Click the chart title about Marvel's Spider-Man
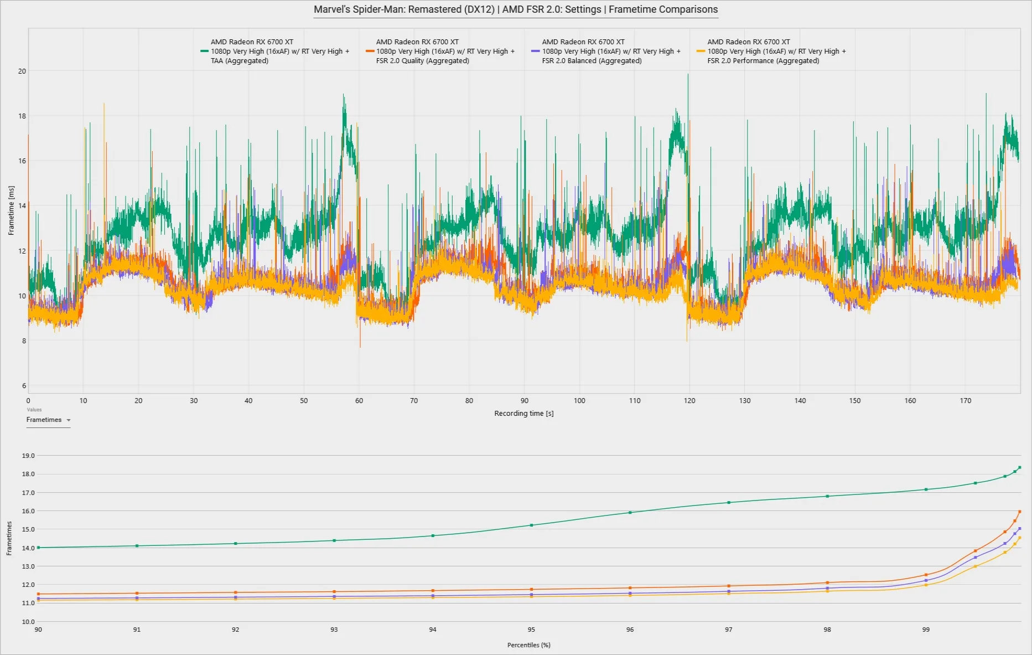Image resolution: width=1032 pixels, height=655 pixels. point(516,9)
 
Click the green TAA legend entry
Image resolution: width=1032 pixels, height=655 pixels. point(275,51)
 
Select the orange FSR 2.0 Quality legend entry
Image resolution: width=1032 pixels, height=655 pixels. point(440,51)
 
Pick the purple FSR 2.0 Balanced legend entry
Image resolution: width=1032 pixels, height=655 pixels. point(606,51)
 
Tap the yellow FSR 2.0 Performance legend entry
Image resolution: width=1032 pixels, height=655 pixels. point(771,51)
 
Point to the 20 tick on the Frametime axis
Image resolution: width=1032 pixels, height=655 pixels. point(22,71)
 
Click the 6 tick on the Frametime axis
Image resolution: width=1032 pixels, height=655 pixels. point(24,386)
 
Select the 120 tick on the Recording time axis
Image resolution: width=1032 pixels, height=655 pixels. point(689,401)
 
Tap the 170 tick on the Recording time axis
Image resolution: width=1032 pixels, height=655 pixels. point(966,401)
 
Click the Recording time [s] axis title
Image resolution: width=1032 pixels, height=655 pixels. point(524,414)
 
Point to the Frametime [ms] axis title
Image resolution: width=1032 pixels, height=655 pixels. point(11,210)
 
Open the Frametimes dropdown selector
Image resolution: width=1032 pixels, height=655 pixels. point(49,420)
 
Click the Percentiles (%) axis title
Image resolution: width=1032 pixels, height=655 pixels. point(529,645)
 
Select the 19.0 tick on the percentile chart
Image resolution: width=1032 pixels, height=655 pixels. point(28,456)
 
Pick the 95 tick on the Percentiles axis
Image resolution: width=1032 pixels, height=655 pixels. point(531,630)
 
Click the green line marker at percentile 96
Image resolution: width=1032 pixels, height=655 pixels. point(630,513)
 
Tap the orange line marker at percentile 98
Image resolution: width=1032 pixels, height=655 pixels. point(827,582)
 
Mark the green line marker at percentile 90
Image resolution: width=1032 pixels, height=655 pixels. point(38,548)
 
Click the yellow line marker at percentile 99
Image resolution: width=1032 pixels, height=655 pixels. point(926,585)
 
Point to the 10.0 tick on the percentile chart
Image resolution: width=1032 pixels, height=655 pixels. point(28,622)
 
